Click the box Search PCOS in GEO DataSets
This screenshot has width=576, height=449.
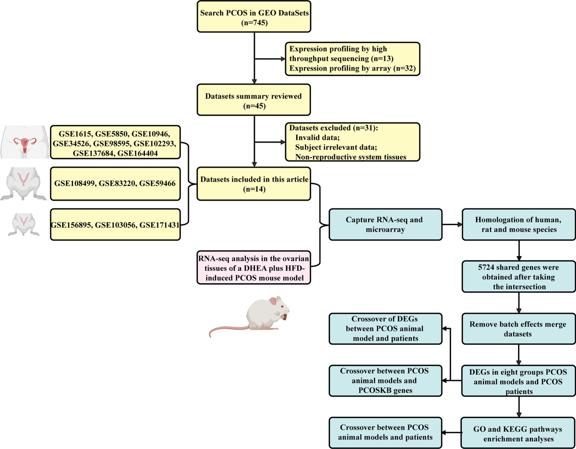253,17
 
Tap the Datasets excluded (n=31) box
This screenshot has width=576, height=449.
352,142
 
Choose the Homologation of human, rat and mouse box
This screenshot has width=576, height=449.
518,225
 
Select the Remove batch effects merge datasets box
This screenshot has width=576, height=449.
518,328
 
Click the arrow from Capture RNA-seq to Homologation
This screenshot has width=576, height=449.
451,225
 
